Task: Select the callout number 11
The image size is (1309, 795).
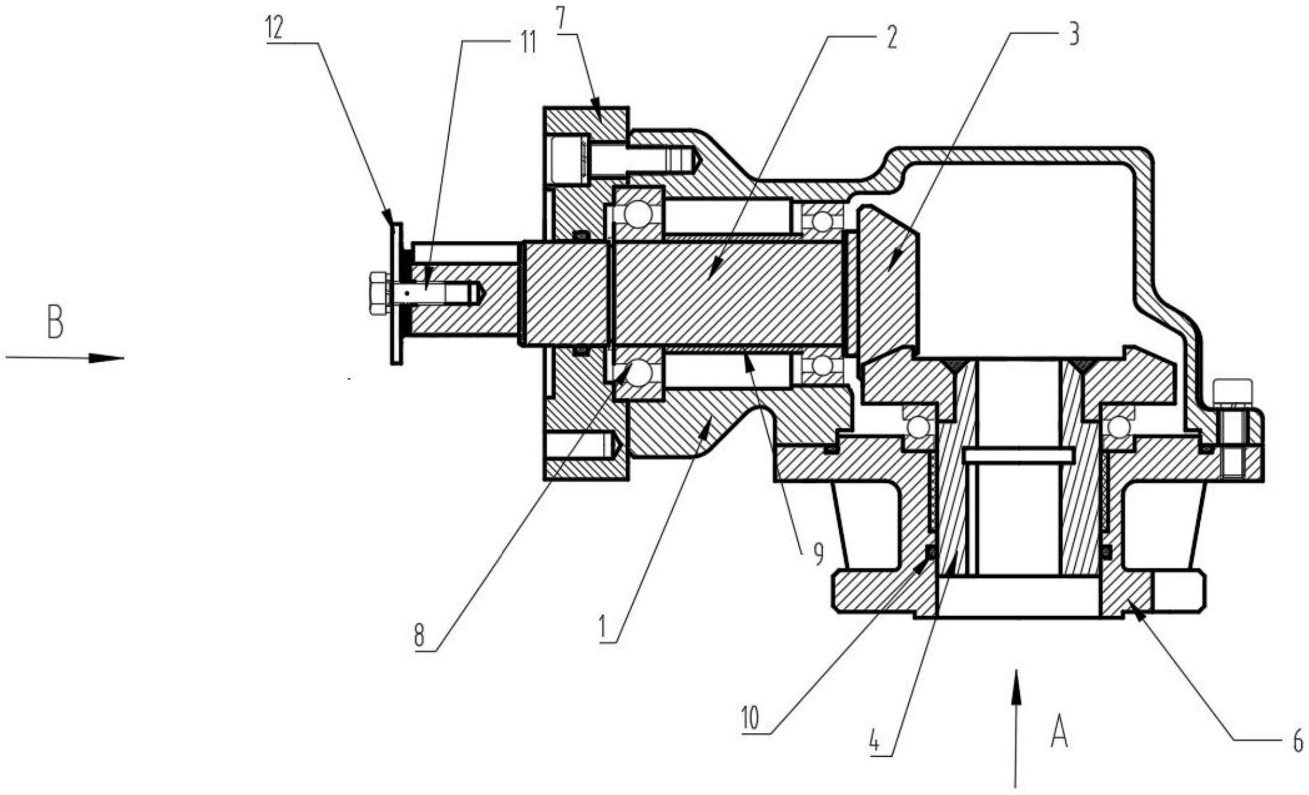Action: tap(527, 42)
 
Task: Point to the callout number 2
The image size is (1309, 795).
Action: tap(891, 37)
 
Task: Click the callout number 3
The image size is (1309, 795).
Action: tap(1074, 35)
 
